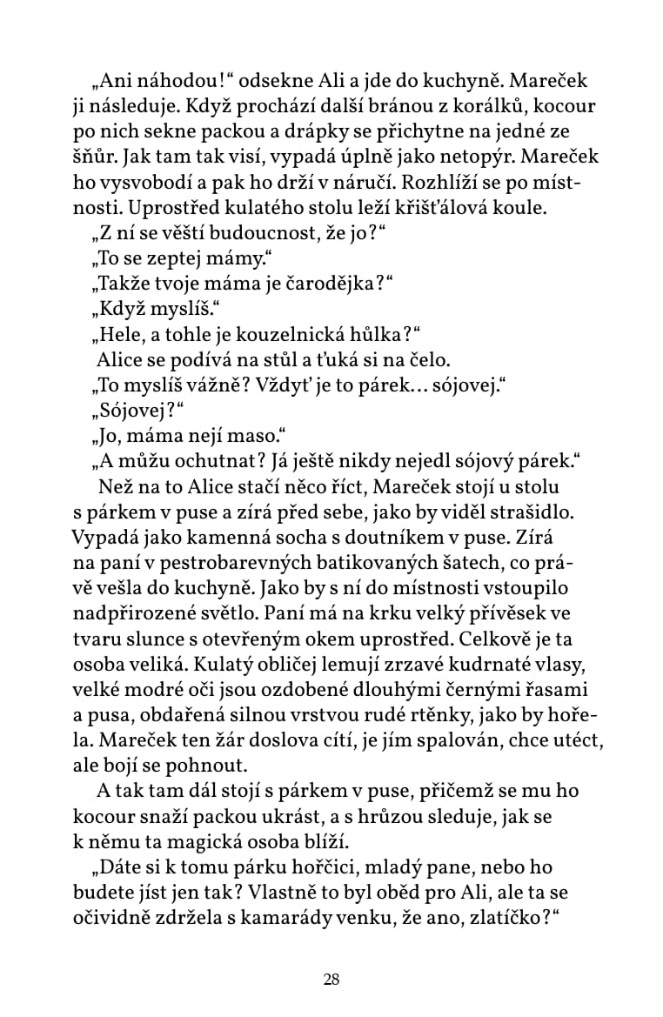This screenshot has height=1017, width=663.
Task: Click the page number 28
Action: pos(331,980)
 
